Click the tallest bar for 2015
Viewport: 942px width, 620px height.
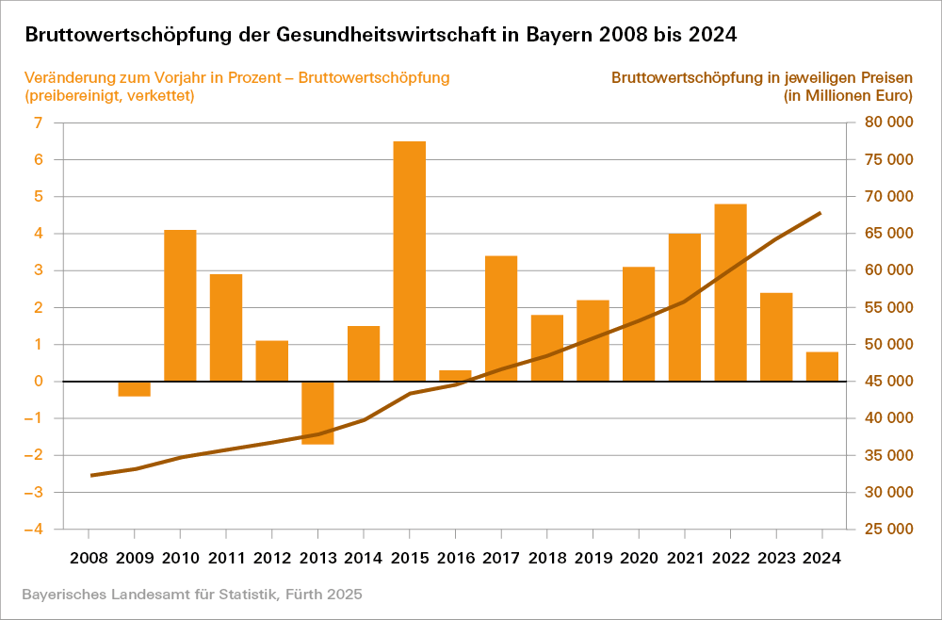pyautogui.click(x=409, y=261)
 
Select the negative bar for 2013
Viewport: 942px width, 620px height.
pyautogui.click(x=317, y=413)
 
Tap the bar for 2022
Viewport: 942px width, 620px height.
pyautogui.click(x=730, y=292)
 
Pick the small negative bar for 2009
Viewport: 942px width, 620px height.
pyautogui.click(x=135, y=388)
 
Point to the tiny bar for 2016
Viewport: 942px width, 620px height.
pyautogui.click(x=455, y=376)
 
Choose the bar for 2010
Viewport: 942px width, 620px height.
pyautogui.click(x=180, y=305)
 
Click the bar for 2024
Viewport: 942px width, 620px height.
pyautogui.click(x=821, y=367)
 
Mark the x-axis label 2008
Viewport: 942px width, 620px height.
pyautogui.click(x=89, y=557)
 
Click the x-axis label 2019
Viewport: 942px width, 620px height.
pyautogui.click(x=593, y=557)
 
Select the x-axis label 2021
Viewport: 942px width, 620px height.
pyautogui.click(x=685, y=557)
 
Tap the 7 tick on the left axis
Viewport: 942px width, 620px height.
pyautogui.click(x=38, y=122)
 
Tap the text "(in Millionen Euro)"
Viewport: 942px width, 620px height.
pyautogui.click(x=848, y=95)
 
